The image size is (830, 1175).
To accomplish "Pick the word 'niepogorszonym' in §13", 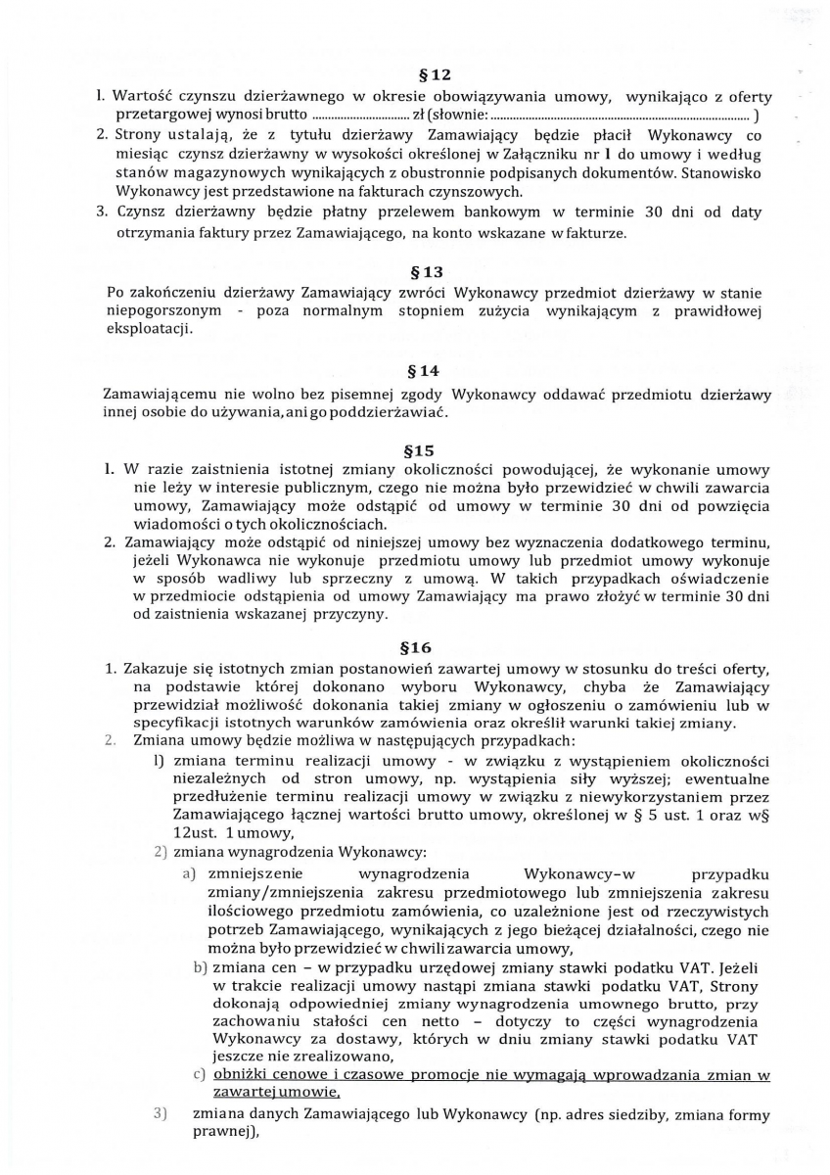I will click(x=159, y=310).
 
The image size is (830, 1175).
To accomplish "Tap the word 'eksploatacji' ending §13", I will click(x=147, y=329).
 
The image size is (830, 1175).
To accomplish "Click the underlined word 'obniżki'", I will click(x=245, y=1076).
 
